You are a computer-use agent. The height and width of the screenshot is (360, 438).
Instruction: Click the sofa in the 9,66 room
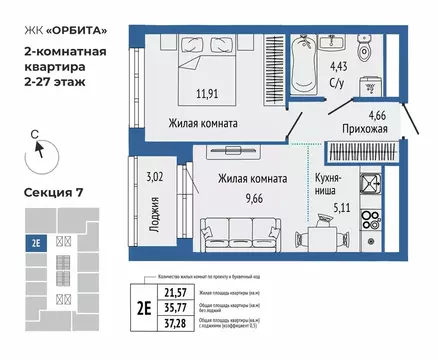tap(241, 226)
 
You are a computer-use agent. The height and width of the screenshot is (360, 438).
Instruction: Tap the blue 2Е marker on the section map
tap(36, 241)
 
